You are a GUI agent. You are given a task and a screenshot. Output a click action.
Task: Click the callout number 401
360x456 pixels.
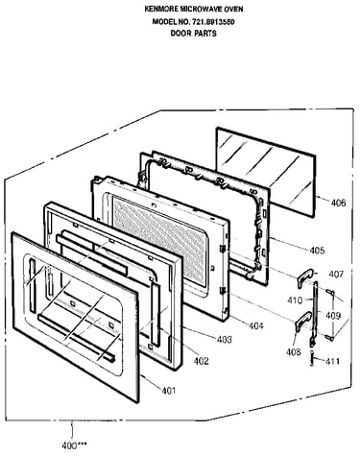click(169, 391)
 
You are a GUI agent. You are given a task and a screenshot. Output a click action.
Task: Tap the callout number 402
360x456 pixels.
click(201, 361)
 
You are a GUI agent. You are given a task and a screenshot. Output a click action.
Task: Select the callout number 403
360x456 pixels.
click(225, 340)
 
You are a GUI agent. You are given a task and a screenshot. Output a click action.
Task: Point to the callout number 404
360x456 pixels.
click(256, 326)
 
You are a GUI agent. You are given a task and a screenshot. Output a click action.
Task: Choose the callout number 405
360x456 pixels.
click(317, 251)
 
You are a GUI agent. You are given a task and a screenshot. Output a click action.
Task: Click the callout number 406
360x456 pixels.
click(338, 203)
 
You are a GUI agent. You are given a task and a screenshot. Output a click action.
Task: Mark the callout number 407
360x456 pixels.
click(336, 275)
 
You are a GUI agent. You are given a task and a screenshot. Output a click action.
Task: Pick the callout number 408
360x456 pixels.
click(294, 352)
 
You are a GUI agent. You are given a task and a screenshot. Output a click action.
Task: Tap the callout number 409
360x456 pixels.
click(333, 316)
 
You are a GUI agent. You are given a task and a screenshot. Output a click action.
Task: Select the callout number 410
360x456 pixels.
click(295, 300)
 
